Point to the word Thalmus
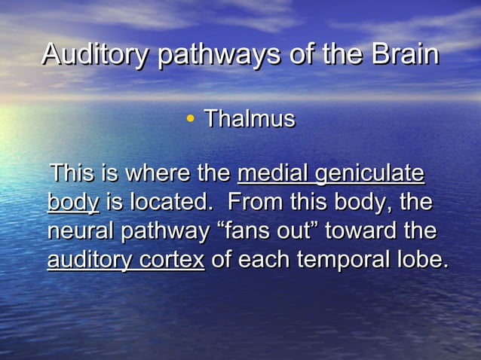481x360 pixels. coord(250,118)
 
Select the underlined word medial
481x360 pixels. coord(273,173)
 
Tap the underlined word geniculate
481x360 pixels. coord(369,175)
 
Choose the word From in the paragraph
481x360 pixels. coord(253,202)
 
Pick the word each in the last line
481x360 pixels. coord(265,259)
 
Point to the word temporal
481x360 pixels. coord(346,260)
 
